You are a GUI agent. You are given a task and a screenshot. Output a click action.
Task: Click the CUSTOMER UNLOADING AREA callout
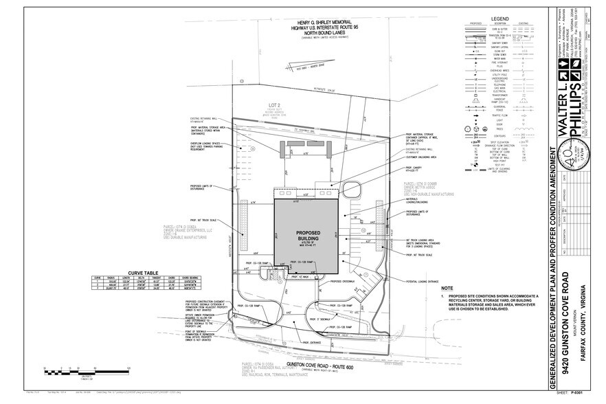416,157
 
